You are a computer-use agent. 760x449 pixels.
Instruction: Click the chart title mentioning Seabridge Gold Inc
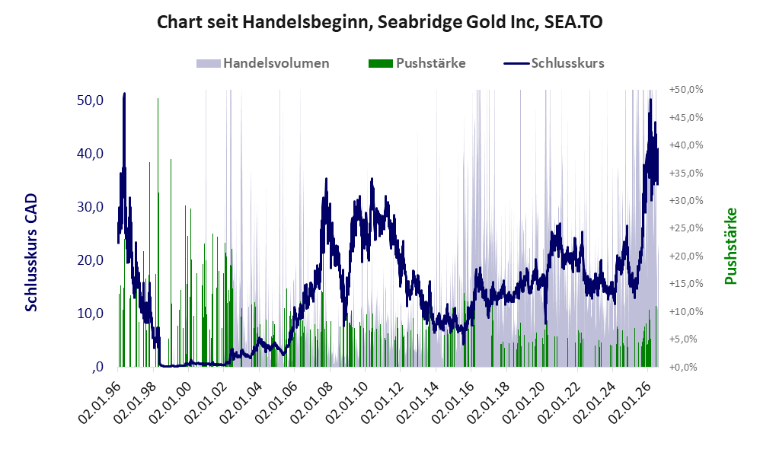tap(379, 22)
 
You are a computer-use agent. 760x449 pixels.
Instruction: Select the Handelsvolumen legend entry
tap(263, 63)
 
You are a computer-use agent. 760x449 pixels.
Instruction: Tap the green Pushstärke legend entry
tap(417, 63)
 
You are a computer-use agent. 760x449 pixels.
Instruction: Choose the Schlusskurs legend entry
tap(554, 63)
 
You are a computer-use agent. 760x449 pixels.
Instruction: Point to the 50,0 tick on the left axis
tap(90, 100)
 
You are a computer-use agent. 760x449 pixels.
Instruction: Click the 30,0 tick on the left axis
tap(90, 207)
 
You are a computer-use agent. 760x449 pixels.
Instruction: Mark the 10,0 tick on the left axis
tap(90, 314)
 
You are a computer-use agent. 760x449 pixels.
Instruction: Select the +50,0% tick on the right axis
tap(686, 90)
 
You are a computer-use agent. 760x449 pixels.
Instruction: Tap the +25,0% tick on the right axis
tap(686, 228)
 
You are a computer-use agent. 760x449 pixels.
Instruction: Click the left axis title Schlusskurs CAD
tap(31, 253)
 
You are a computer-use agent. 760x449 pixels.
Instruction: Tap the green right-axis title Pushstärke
tap(730, 246)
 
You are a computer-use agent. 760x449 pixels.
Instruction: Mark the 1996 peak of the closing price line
tap(125, 94)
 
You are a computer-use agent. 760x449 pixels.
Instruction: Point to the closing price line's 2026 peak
tap(650, 100)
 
